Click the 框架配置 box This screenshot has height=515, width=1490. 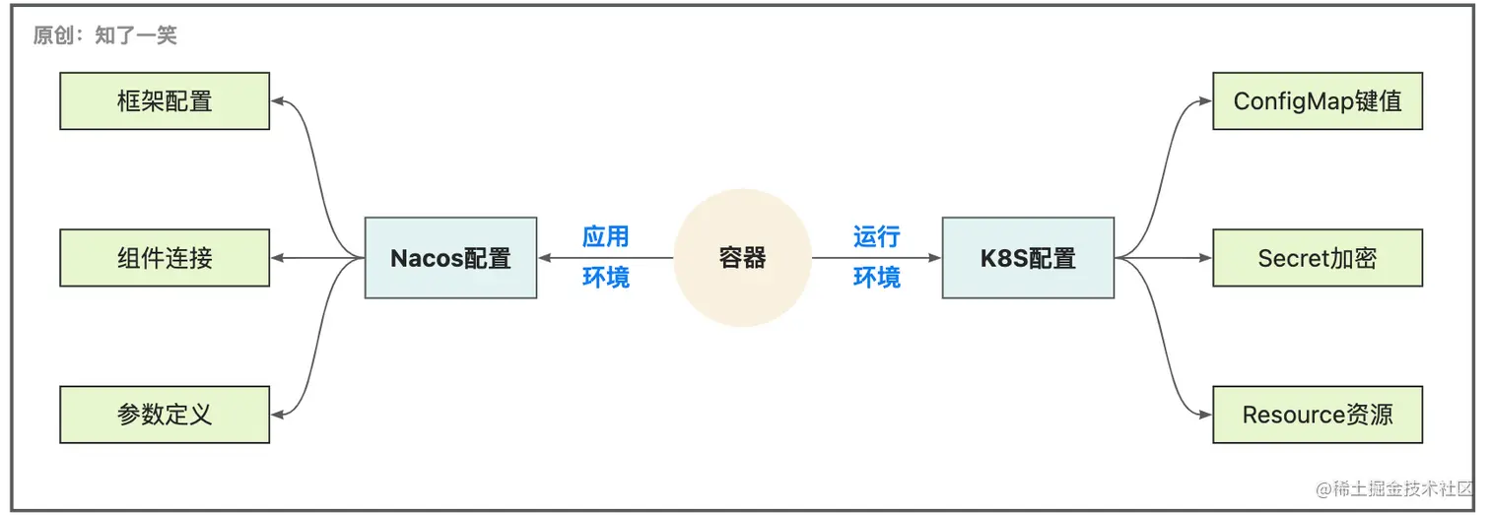[x=165, y=100]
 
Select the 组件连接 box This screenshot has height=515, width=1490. [x=165, y=258]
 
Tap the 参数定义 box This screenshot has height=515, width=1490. [x=165, y=415]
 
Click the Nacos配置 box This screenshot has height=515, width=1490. [x=450, y=258]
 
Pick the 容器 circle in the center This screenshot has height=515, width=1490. [x=742, y=258]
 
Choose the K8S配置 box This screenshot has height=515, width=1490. [x=1028, y=258]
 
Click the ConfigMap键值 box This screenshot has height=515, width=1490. [x=1318, y=100]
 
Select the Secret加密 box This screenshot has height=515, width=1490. [x=1318, y=258]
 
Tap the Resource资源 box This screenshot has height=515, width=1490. [x=1318, y=415]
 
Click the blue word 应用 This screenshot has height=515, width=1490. [x=605, y=237]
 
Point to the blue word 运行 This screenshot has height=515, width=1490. [x=876, y=237]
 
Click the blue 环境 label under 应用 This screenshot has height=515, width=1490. [x=605, y=278]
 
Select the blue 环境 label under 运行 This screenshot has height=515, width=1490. [x=876, y=278]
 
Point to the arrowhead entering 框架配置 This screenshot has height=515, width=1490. [x=278, y=100]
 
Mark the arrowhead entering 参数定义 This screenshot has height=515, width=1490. [x=278, y=415]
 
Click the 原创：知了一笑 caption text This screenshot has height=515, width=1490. [x=104, y=36]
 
